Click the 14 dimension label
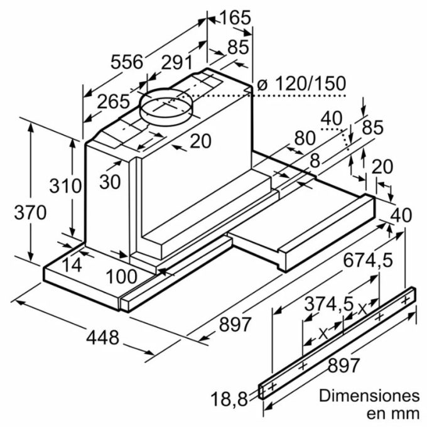click(x=73, y=264)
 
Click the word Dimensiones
click(x=369, y=396)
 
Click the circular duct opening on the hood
click(x=165, y=107)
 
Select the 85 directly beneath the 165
click(x=238, y=47)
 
